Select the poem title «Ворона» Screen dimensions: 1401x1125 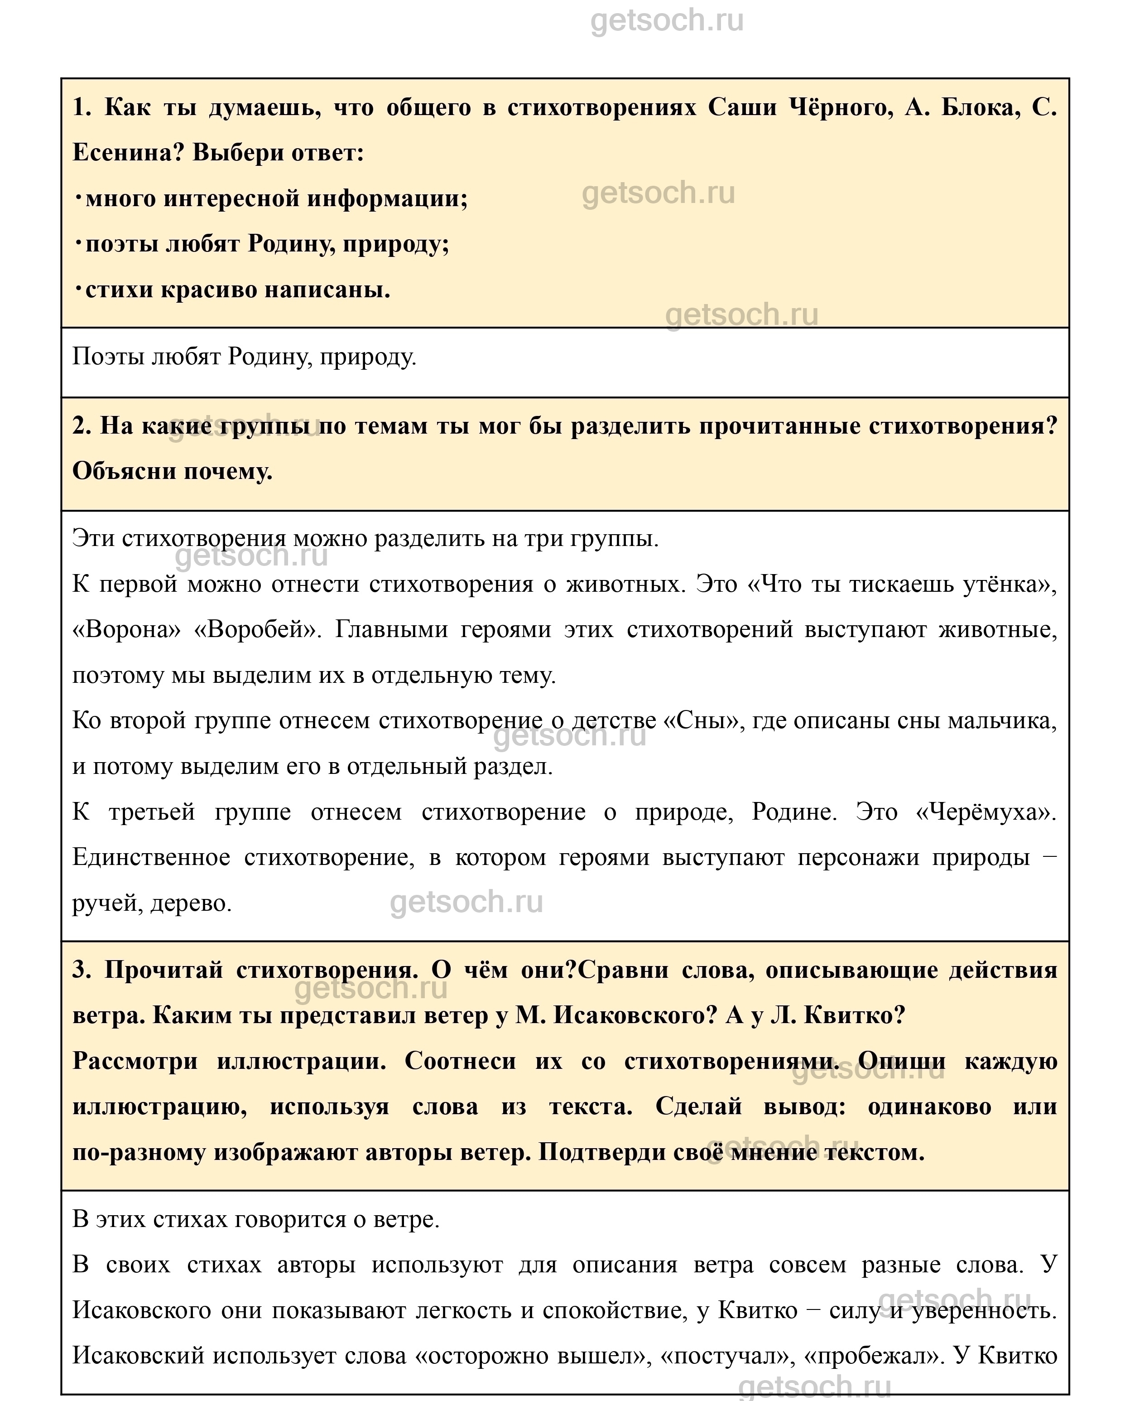click(127, 630)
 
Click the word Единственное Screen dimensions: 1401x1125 click(151, 857)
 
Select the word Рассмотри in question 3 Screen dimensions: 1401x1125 click(135, 1061)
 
